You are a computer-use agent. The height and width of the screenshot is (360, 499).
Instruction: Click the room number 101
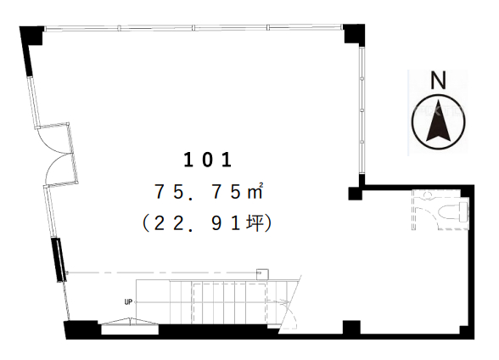click(207, 160)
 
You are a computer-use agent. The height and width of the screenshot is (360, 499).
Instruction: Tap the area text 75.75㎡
click(209, 192)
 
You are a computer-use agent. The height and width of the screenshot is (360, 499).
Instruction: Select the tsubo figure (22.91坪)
click(207, 223)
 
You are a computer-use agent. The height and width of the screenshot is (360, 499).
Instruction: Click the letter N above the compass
click(438, 80)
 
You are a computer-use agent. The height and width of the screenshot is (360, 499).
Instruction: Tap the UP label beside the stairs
click(128, 302)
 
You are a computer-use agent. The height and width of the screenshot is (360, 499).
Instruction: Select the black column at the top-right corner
click(354, 34)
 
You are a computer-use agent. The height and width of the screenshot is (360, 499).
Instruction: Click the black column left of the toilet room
click(355, 194)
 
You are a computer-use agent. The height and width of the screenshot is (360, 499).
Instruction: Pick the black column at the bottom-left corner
click(81, 329)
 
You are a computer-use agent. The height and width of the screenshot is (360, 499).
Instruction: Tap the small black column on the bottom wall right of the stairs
click(351, 328)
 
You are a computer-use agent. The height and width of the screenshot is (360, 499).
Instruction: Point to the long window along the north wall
click(193, 28)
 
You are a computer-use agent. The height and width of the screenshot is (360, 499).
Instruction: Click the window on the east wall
click(362, 110)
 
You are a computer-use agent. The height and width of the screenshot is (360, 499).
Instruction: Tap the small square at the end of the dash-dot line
click(262, 274)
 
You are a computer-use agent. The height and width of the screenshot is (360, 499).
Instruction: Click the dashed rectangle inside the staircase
click(229, 303)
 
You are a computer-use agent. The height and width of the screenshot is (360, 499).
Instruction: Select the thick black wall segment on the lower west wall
click(59, 260)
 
